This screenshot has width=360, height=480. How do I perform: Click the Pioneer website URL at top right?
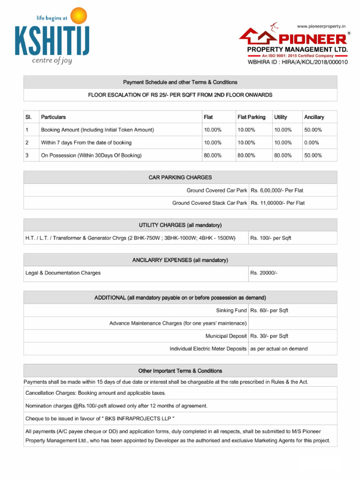[x=321, y=26]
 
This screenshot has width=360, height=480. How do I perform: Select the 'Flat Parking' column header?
[x=251, y=117]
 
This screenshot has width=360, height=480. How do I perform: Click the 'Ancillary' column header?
[x=314, y=117]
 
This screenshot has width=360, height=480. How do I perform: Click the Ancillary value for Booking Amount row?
[x=313, y=130]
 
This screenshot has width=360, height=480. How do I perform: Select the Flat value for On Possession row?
[x=212, y=155]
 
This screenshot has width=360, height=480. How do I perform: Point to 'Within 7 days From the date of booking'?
[x=86, y=142]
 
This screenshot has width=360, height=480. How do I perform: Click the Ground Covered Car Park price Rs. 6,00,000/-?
[x=277, y=190]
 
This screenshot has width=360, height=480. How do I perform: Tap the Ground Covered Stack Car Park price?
[x=277, y=203]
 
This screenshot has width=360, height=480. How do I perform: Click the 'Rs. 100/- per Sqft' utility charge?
[x=270, y=238]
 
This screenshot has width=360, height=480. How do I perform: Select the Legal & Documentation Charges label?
[x=63, y=273]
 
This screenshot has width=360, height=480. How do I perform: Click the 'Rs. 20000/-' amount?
[x=264, y=273]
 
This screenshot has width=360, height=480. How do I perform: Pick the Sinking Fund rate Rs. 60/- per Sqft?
[x=269, y=310]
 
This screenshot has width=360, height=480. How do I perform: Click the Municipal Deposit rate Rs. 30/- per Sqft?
[x=269, y=336]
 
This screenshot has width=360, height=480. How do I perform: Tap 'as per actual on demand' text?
[x=279, y=349]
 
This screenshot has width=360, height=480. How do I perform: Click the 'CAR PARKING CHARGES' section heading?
[x=180, y=178]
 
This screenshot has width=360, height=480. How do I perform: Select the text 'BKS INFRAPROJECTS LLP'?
[x=140, y=418]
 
